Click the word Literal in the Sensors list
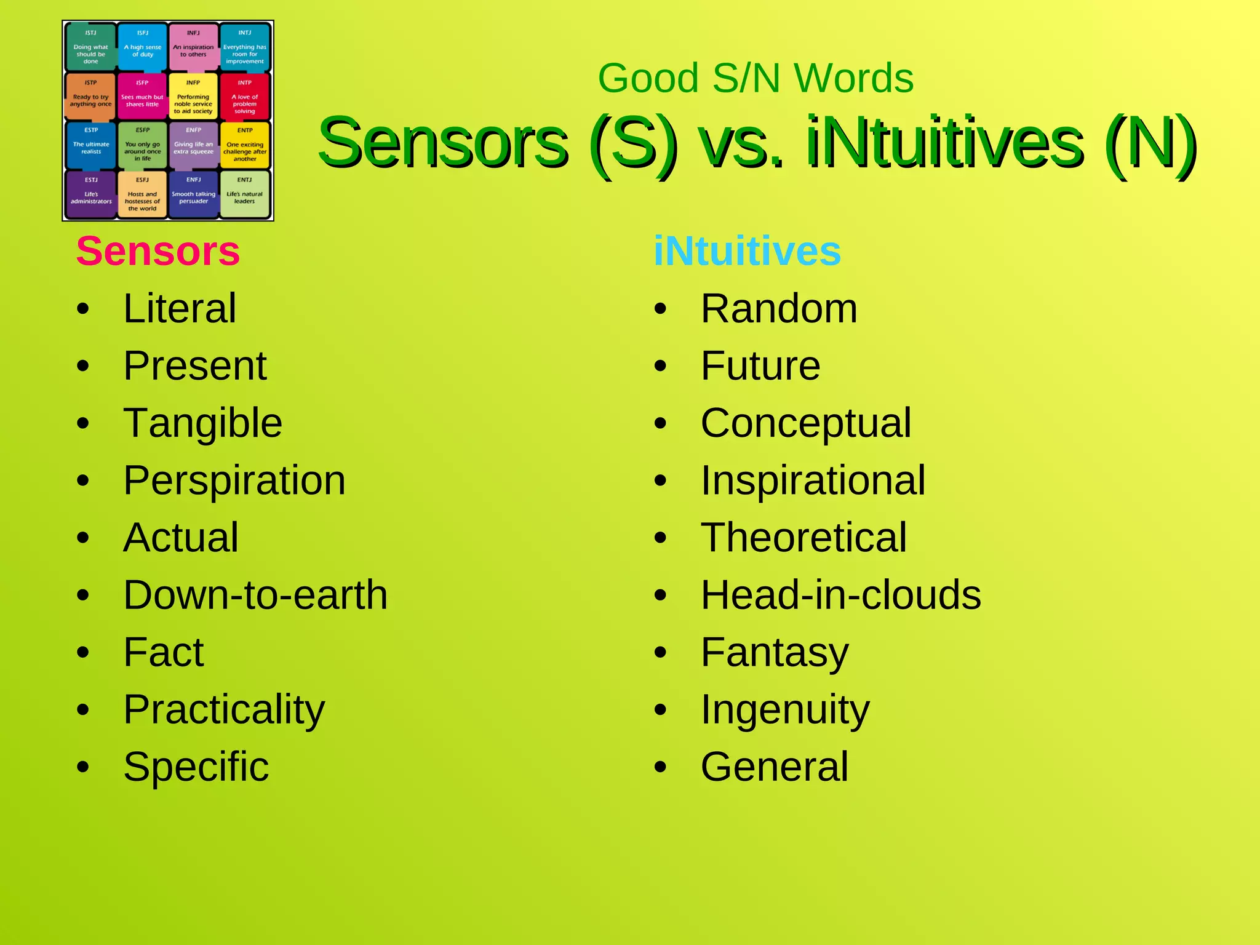click(179, 308)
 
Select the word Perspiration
click(234, 480)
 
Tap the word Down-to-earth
click(255, 595)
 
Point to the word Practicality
click(224, 709)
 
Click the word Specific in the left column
click(196, 767)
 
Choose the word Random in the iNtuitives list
click(778, 308)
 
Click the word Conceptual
click(805, 423)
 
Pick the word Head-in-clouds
click(840, 595)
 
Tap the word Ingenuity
click(785, 709)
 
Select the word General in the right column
click(774, 767)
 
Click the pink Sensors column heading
click(157, 251)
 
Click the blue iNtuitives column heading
click(747, 251)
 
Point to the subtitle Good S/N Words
click(756, 78)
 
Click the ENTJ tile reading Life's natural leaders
click(244, 194)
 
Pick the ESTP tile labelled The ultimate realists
click(90, 145)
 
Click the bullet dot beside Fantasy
click(660, 653)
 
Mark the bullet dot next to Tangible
click(83, 423)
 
